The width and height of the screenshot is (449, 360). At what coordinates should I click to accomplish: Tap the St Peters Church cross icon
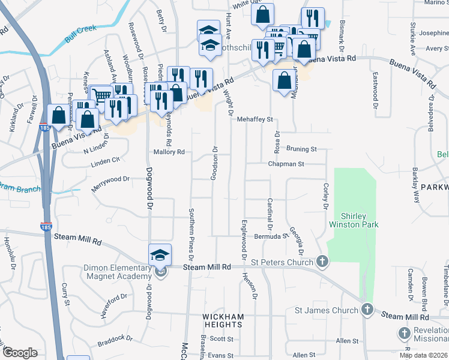click(x=322, y=262)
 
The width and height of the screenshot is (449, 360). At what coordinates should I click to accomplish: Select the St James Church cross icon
click(x=367, y=310)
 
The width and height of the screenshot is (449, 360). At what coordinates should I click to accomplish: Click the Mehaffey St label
click(x=255, y=119)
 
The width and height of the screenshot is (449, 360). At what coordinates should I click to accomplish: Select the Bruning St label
click(x=301, y=148)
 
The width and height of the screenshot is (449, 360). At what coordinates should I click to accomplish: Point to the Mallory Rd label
click(x=169, y=152)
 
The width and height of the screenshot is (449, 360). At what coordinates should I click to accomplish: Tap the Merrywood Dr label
click(x=110, y=179)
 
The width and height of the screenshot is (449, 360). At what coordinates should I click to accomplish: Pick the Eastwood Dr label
click(x=375, y=86)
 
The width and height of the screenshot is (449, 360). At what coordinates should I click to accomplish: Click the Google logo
click(x=20, y=353)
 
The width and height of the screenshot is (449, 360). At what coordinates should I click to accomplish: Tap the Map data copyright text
click(x=424, y=355)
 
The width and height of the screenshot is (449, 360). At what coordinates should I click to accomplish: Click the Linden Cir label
click(x=106, y=160)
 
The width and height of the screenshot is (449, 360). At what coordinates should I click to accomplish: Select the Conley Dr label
click(x=326, y=196)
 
